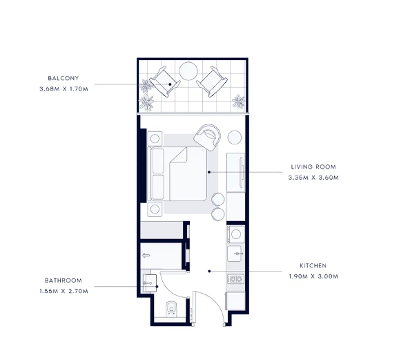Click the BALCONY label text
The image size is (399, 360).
64,78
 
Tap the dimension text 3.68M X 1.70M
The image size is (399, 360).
64,89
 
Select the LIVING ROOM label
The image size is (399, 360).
313,167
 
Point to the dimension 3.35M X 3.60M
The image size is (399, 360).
313,178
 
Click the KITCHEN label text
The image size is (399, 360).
313,266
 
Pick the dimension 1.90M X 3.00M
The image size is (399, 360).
313,276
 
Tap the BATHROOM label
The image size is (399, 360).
64,281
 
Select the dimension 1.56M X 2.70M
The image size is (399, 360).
64,291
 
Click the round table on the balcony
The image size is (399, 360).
188,71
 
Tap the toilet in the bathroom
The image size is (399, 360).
171,309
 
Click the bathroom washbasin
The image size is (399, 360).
150,283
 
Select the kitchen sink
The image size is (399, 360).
235,254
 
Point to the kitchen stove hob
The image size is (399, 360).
235,279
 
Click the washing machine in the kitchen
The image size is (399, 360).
236,234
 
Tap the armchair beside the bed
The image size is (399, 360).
207,137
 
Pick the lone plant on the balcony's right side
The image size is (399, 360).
239,102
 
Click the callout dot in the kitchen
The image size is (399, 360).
209,271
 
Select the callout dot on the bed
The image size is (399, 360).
209,172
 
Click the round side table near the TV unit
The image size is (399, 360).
235,138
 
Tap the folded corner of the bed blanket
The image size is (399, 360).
180,154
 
